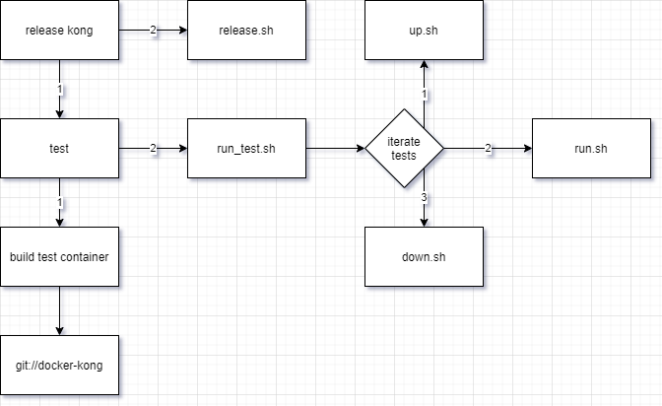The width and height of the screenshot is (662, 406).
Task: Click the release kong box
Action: pyautogui.click(x=59, y=30)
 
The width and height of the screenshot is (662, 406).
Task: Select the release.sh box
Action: pyautogui.click(x=246, y=30)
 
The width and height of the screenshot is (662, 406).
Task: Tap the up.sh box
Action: pyautogui.click(x=424, y=30)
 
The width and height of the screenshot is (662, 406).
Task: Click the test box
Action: pyautogui.click(x=59, y=149)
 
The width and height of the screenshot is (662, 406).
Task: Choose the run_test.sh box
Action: pyautogui.click(x=246, y=149)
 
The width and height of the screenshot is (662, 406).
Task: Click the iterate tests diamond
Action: pyautogui.click(x=404, y=149)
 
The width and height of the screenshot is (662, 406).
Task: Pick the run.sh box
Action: pyautogui.click(x=591, y=149)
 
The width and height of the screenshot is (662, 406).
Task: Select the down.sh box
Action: pyautogui.click(x=424, y=256)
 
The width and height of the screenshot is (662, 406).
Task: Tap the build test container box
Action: pyautogui.click(x=59, y=256)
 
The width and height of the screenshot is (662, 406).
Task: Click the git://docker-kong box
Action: pyautogui.click(x=59, y=366)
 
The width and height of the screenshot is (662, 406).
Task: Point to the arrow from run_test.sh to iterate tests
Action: pyautogui.click(x=335, y=149)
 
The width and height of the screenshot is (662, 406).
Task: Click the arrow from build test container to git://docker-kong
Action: pyautogui.click(x=59, y=310)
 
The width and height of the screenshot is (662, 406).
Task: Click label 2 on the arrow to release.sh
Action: pyautogui.click(x=153, y=30)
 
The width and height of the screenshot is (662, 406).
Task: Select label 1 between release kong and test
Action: pyautogui.click(x=59, y=90)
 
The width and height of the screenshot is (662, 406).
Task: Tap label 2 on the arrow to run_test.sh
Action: pyautogui.click(x=153, y=149)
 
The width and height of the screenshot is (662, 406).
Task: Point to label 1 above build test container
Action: pyautogui.click(x=59, y=202)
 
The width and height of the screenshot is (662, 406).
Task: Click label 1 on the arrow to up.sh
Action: pyautogui.click(x=424, y=95)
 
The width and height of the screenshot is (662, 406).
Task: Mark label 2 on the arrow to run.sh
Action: pyautogui.click(x=488, y=149)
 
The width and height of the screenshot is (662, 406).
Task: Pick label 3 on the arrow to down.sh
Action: pyautogui.click(x=424, y=198)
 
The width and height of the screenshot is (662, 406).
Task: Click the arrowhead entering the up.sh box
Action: pyautogui.click(x=424, y=65)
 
